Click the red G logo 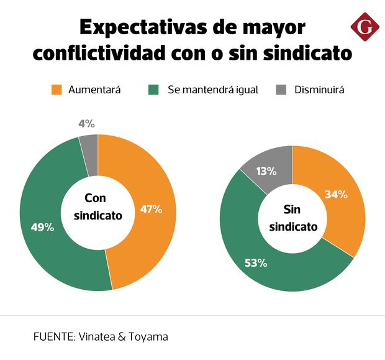pos(363,27)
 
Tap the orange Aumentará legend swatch pos(57,90)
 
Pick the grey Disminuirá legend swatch pos(280,90)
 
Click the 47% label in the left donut pos(151,210)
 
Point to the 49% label pos(42,228)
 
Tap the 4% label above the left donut pos(86,124)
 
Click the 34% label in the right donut pos(336,195)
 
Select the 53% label pos(256,263)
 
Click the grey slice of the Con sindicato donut pos(89,145)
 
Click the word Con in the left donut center pos(96,199)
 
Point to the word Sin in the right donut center pos(292,210)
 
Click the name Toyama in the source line pos(147,336)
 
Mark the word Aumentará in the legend pos(94,90)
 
